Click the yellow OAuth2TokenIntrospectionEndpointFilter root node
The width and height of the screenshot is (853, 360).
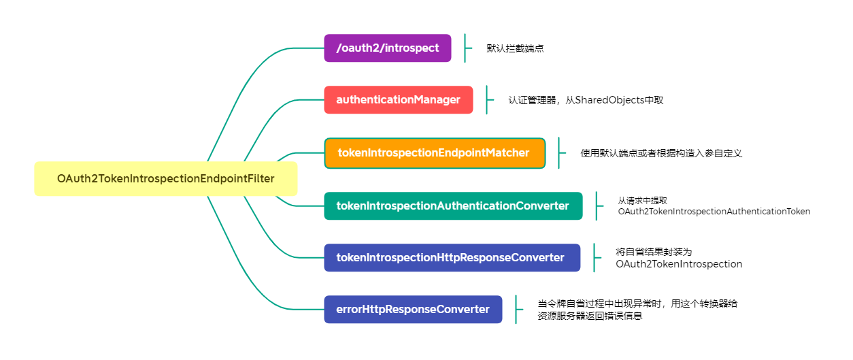[x=165, y=179]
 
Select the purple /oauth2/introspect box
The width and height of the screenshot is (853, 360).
[x=387, y=48]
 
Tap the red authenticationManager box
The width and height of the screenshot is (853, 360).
[x=398, y=100]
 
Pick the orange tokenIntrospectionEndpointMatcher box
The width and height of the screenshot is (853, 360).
[x=434, y=153]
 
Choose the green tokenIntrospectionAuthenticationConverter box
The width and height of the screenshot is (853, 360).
[x=453, y=206]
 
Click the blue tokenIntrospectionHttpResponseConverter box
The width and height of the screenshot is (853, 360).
[x=452, y=258]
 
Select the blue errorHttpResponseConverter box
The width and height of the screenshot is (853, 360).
[x=413, y=310]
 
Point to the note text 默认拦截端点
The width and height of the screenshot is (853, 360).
[x=515, y=49]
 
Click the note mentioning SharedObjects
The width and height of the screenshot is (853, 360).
[x=586, y=101]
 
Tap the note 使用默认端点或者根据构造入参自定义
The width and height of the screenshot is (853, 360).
[x=660, y=153]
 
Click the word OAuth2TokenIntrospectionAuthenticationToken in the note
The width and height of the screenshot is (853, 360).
[x=714, y=212]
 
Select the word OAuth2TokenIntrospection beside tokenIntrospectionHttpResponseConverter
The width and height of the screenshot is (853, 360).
[x=679, y=264]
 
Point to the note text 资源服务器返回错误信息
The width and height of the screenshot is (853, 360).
[x=590, y=316]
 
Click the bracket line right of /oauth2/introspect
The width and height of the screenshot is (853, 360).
[x=465, y=48]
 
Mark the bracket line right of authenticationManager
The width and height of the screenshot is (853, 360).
[x=487, y=100]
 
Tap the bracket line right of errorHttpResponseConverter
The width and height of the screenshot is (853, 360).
[x=516, y=310]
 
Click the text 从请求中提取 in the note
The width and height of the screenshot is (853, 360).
[x=642, y=201]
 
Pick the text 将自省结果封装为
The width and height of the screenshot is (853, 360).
[x=654, y=252]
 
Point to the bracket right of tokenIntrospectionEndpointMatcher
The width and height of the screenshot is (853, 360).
[x=559, y=153]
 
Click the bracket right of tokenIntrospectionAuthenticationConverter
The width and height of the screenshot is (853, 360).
[x=597, y=206]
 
